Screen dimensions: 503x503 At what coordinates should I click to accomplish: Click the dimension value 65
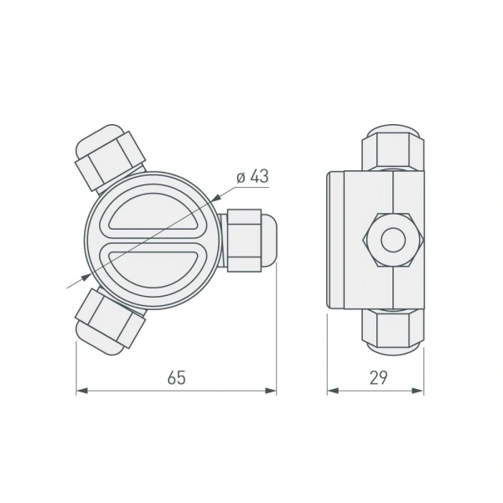[x=176, y=377]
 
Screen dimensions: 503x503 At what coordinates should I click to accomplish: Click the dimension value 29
[x=378, y=377]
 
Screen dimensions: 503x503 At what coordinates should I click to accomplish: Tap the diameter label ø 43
[x=252, y=177]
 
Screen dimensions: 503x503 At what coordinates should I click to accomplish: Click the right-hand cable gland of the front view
[x=250, y=241]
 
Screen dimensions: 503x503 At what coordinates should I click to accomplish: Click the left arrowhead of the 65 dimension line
[x=81, y=391]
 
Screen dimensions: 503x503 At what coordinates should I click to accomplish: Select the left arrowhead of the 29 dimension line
[x=332, y=391]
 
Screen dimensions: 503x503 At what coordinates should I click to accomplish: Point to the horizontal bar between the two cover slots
[x=155, y=241]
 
